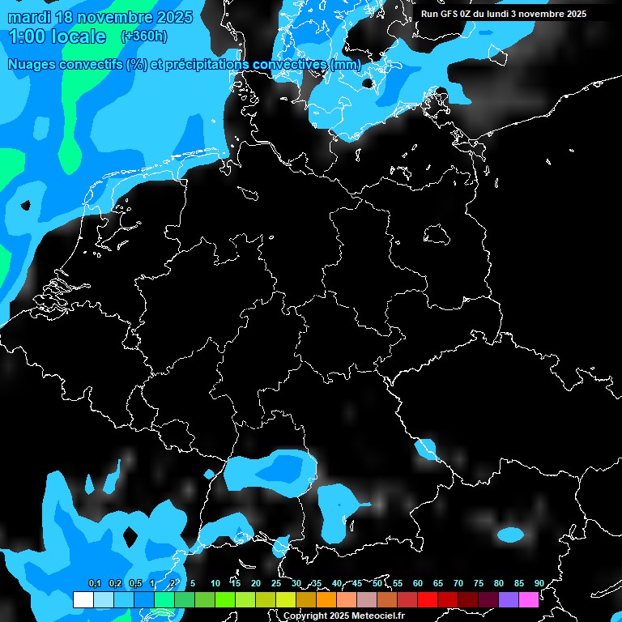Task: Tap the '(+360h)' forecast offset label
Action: coord(143,36)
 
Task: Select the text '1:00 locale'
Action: coord(57,36)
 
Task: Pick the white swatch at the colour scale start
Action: coord(83,599)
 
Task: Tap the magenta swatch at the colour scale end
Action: coord(529,599)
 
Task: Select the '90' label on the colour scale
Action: coord(539,583)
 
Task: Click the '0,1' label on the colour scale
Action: coord(95,583)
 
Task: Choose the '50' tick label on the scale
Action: coord(377,583)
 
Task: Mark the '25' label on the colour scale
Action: coord(276,583)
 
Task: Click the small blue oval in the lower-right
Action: coord(510,535)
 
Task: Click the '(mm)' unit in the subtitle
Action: coord(346,64)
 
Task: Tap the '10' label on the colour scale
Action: coord(215,583)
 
